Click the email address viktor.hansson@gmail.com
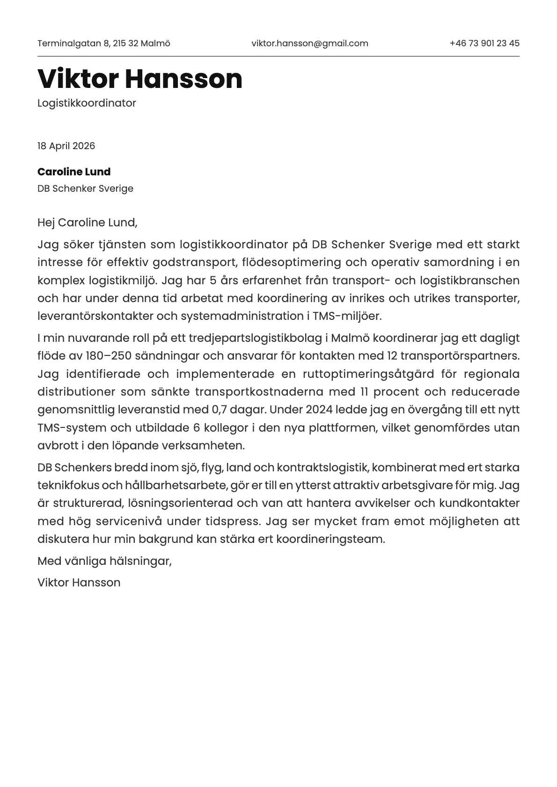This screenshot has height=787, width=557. tap(309, 43)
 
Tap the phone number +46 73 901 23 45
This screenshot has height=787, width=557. tap(484, 43)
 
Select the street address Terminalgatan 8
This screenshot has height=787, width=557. tap(73, 43)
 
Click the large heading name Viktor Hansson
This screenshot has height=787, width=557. tap(140, 79)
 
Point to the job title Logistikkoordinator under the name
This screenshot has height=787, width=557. tap(87, 103)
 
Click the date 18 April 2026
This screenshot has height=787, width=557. tap(66, 146)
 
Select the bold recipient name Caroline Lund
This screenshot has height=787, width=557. tap(74, 172)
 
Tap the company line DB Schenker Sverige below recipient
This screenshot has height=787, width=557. tap(85, 188)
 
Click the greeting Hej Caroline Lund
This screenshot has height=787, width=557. tap(87, 222)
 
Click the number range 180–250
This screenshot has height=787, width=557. tap(109, 356)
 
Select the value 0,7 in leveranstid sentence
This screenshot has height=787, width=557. tap(220, 410)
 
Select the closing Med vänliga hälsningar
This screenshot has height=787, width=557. tap(104, 561)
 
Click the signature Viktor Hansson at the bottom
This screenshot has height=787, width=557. tap(79, 582)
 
